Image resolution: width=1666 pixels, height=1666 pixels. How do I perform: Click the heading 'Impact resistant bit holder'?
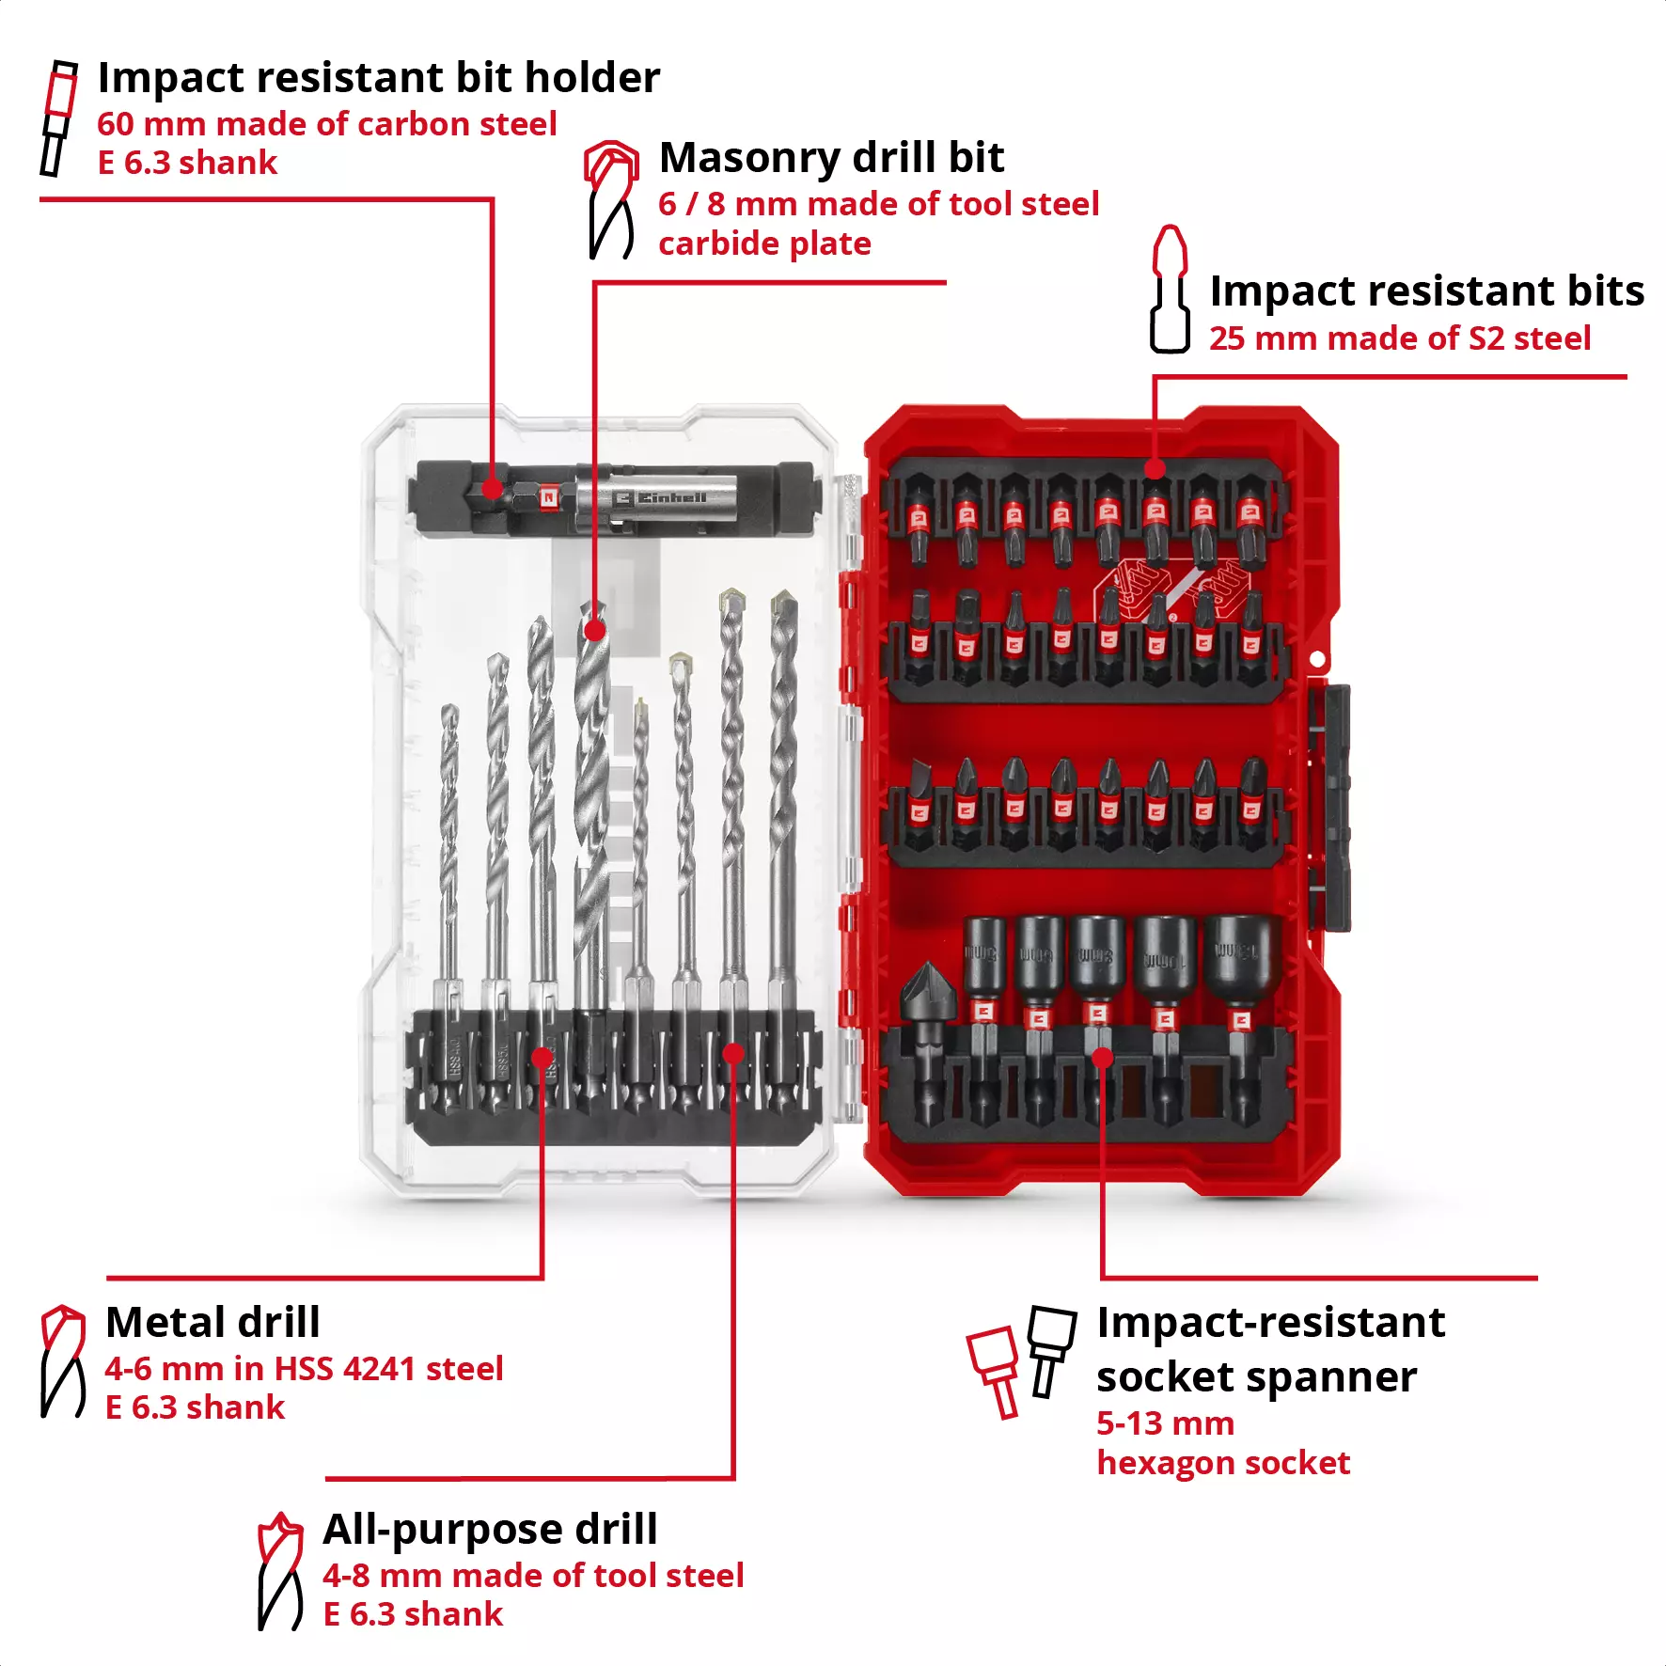tap(378, 77)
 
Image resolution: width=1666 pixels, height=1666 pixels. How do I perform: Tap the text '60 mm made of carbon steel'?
tap(326, 124)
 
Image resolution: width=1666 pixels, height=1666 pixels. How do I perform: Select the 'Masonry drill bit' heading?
tap(831, 157)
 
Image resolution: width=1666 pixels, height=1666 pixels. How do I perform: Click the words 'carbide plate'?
tap(764, 244)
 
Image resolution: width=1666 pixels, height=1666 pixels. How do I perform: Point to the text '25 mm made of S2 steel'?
tap(1399, 338)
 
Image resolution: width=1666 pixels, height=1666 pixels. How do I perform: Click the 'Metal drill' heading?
tap(212, 1322)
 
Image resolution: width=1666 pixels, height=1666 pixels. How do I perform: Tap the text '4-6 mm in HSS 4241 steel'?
tap(304, 1369)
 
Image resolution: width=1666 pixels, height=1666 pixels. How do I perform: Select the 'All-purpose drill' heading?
tap(490, 1529)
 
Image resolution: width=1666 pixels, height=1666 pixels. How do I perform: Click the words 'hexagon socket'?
tap(1222, 1463)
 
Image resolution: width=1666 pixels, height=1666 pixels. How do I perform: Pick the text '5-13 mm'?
tap(1165, 1423)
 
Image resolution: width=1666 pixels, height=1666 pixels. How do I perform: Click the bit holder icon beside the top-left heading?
tap(58, 118)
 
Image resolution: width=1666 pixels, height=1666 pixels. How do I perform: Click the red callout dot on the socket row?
tap(1103, 1058)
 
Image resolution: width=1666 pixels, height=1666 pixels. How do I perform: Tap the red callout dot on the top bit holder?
tap(491, 488)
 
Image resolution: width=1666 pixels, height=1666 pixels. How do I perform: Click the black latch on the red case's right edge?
tap(1329, 809)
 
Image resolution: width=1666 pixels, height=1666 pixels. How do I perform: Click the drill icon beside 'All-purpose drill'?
tap(279, 1571)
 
